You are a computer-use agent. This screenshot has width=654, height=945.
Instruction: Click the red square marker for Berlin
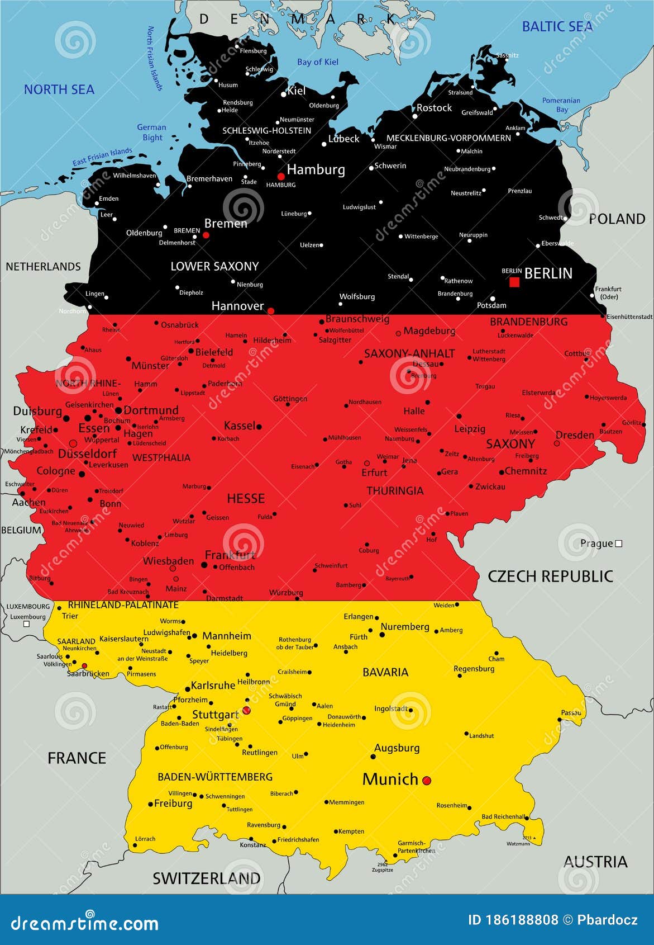pos(514,282)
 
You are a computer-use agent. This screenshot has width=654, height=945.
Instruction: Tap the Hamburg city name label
pos(316,169)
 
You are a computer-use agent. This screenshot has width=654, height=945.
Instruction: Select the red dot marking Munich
pos(427,780)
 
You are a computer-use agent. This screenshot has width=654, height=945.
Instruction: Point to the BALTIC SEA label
pos(557,27)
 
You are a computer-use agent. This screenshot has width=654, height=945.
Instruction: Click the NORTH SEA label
pos(59,89)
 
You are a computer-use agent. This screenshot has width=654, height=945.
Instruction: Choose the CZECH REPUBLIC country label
pos(550,577)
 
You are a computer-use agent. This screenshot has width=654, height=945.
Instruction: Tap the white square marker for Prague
pos(618,544)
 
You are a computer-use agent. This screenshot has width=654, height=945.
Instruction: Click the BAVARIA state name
pos(385,672)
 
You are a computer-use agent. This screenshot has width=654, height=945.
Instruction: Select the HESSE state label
pos(246,498)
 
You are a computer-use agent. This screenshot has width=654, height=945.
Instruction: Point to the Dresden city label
pos(575,435)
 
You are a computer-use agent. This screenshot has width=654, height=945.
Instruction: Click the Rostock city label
pos(434,108)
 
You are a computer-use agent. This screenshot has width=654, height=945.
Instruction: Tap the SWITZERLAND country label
pos(207,878)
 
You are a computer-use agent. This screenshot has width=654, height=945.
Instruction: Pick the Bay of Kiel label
pos(318,62)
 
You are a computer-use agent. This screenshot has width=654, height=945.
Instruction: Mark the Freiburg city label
pos(173,804)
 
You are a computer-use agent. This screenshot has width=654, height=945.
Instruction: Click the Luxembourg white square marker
pos(26,624)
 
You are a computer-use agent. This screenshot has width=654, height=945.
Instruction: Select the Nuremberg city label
pos(405,627)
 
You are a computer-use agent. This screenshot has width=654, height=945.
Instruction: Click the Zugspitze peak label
pos(383,870)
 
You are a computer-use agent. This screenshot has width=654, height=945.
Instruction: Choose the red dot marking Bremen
pos(206,235)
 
